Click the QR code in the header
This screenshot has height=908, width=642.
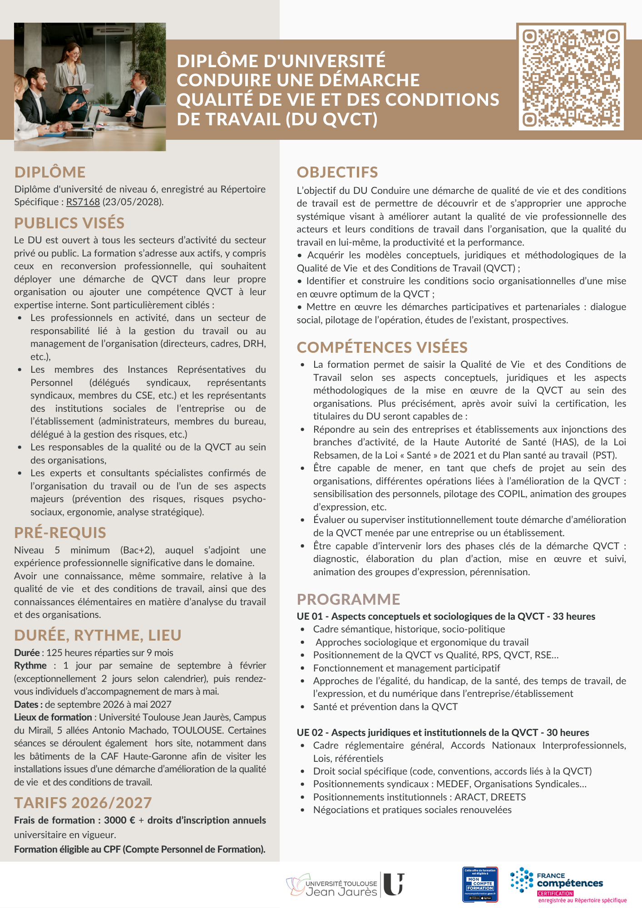click(x=571, y=77)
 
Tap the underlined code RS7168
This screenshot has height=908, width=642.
click(x=83, y=202)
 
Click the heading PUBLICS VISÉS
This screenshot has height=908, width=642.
click(x=69, y=223)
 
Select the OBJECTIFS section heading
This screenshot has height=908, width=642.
click(x=337, y=172)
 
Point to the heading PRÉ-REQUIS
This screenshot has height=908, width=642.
click(x=60, y=533)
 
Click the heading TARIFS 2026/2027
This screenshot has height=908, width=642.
click(x=83, y=803)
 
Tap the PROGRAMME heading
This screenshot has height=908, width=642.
click(x=348, y=599)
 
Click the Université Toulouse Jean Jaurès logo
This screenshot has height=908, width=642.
click(x=345, y=885)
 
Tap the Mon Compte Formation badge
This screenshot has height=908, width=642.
click(x=480, y=884)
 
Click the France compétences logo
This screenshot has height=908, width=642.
click(x=569, y=885)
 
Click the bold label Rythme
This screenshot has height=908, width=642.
click(x=30, y=666)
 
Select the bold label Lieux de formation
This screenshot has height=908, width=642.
click(x=53, y=717)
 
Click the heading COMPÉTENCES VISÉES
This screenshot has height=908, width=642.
click(x=382, y=347)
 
